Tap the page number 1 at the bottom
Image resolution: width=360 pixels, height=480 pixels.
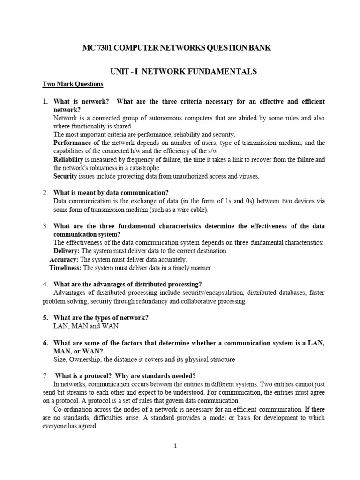point(174,446)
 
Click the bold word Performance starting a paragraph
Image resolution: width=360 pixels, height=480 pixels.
point(72,142)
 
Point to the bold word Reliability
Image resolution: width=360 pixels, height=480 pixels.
point(69,159)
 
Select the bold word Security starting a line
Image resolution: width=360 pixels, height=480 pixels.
point(65,176)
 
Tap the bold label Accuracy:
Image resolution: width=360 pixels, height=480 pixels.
point(64,259)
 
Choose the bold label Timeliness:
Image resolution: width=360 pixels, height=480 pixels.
point(66,268)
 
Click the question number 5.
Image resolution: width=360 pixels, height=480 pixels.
point(45,317)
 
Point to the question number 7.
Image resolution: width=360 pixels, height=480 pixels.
point(45,375)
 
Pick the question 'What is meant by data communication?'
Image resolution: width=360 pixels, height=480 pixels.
point(111,193)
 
